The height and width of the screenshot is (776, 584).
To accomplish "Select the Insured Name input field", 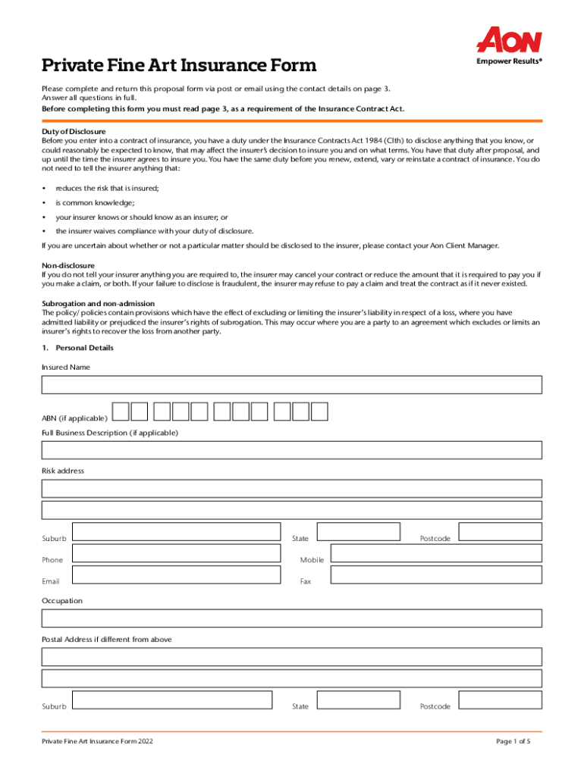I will click(291, 385).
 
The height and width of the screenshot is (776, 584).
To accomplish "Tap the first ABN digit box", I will click(121, 411).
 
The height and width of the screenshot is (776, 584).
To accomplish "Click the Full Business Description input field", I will click(291, 450).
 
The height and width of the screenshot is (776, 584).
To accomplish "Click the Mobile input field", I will click(436, 553).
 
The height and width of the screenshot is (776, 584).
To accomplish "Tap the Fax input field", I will click(436, 575).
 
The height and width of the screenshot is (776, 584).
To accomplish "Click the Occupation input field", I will click(291, 618).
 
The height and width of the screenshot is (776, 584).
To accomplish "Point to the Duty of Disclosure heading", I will click(74, 132).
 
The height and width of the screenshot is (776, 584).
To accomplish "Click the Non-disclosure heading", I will click(68, 265).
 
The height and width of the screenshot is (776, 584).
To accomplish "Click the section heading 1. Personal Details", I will click(77, 348).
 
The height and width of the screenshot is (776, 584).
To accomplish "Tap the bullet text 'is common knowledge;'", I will click(95, 202).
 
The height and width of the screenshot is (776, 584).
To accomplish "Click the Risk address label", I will click(63, 471).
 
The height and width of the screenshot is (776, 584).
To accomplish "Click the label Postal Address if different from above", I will click(106, 640).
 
